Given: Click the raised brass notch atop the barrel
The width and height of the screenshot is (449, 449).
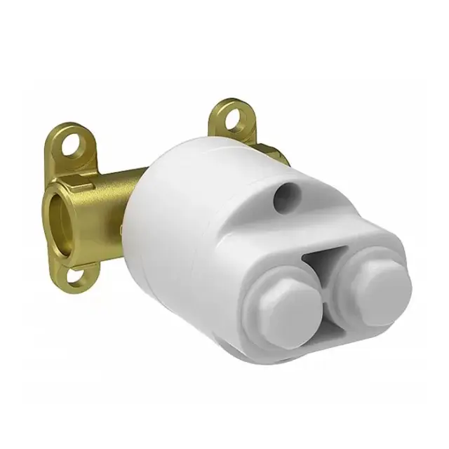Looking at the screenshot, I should point(84,185).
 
